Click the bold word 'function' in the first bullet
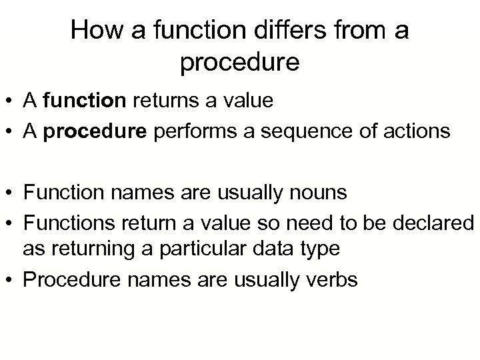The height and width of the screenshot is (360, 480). click(84, 101)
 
